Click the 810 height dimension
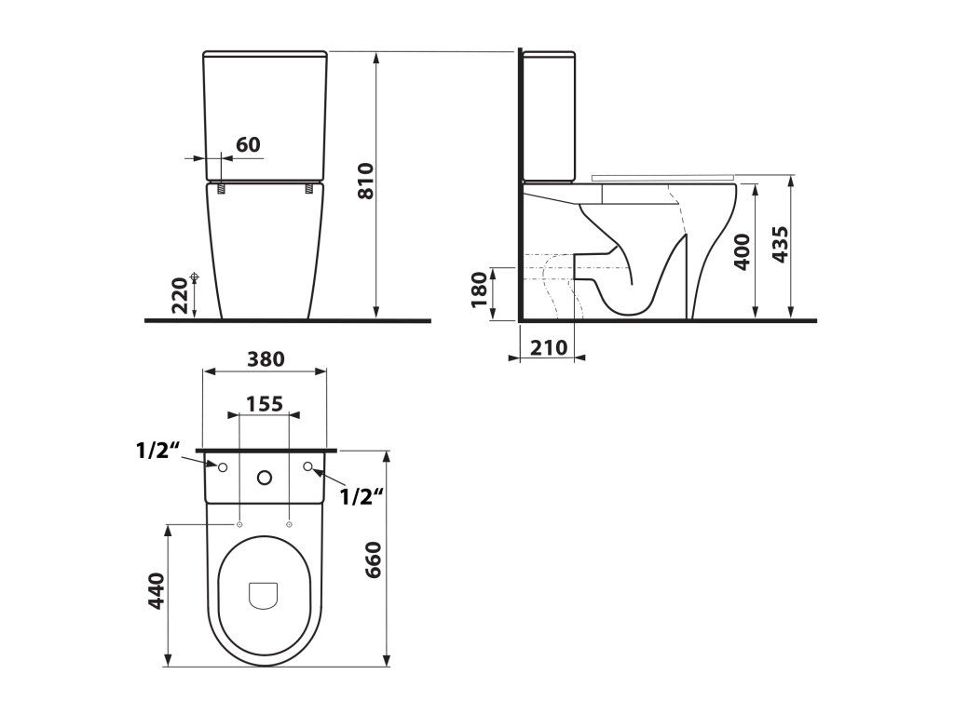(x=365, y=181)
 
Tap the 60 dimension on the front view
(x=248, y=144)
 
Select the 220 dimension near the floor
(x=180, y=295)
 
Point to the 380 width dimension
(x=266, y=359)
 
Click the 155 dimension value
(x=265, y=404)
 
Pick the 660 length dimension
(x=373, y=560)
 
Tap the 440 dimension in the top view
(x=157, y=591)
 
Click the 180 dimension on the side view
(x=480, y=290)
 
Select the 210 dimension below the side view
(x=549, y=348)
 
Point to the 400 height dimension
(x=742, y=251)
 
